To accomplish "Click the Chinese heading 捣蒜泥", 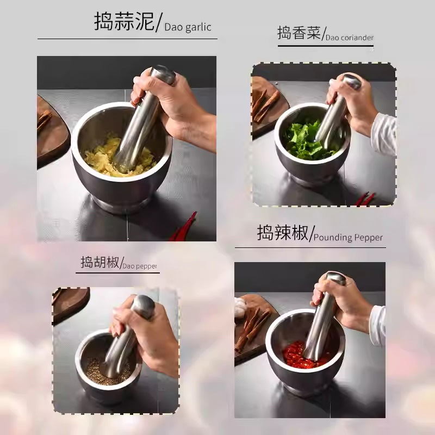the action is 124,21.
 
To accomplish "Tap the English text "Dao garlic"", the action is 188,27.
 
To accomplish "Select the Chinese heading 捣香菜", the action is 299,33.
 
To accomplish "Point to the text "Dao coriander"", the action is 350,38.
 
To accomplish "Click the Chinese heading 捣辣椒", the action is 283,233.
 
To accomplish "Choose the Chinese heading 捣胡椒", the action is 100,262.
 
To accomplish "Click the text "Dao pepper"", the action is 140,266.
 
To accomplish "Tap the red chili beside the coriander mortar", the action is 365,198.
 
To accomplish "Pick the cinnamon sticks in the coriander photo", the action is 264,106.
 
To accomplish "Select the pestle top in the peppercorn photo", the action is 143,306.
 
